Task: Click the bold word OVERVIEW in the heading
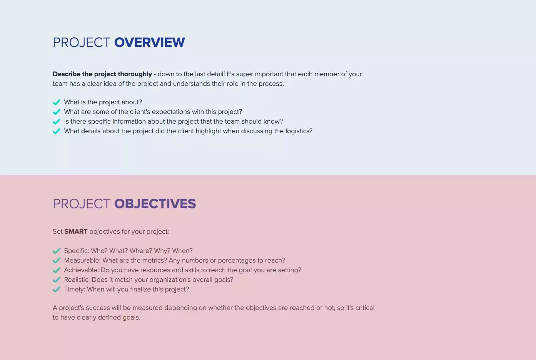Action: click(149, 42)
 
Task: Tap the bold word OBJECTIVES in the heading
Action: click(155, 204)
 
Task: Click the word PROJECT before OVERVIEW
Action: click(82, 42)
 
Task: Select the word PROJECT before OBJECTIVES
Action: click(82, 204)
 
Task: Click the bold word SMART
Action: click(76, 231)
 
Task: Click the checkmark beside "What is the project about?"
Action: click(57, 102)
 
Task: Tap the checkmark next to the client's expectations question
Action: click(57, 112)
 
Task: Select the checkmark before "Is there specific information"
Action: click(57, 121)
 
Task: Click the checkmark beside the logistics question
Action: click(57, 131)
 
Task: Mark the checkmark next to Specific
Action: click(57, 251)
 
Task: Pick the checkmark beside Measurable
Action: click(57, 260)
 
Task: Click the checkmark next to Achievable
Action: click(57, 270)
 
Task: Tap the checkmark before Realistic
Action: click(57, 280)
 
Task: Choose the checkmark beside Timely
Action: click(57, 289)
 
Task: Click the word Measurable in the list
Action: click(82, 260)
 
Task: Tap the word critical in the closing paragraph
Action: click(364, 308)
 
